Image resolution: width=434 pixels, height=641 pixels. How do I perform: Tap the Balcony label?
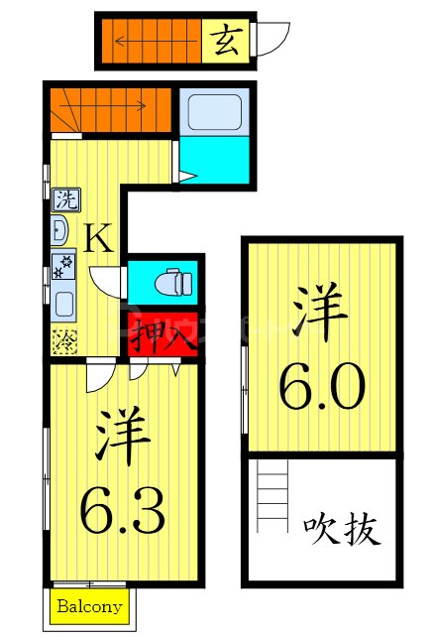[x=89, y=606]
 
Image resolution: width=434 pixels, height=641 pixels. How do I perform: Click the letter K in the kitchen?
[x=98, y=239]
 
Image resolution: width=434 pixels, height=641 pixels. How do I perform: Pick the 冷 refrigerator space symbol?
[x=62, y=339]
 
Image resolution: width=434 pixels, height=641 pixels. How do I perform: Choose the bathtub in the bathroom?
[x=214, y=113]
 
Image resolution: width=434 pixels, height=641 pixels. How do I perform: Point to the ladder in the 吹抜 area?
[x=271, y=502]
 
